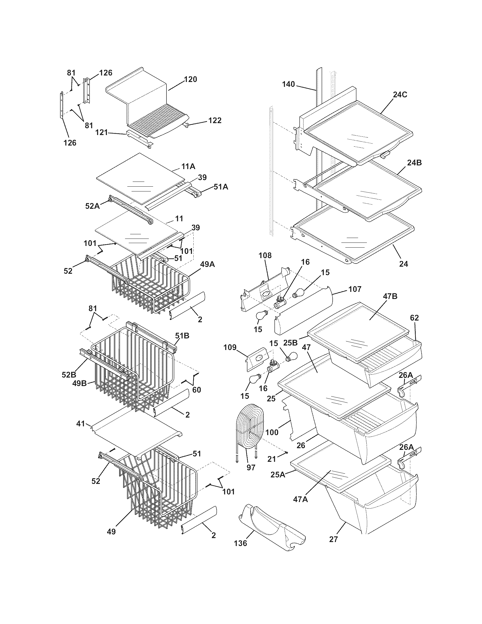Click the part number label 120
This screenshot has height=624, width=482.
pos(191,79)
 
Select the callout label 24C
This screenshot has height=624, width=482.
pos(400,94)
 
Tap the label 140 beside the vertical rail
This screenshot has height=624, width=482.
pos(289,84)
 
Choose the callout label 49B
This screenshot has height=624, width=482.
pos(79,383)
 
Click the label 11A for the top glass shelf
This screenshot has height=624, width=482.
pos(188,166)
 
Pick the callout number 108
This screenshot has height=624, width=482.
pos(265,255)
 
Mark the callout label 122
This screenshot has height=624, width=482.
pos(215,121)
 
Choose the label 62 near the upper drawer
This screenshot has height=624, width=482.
pos(414,318)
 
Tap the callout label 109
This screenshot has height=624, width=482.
pos(230,347)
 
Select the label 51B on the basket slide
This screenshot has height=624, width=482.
pos(182,336)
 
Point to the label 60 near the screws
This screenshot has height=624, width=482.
pos(196,389)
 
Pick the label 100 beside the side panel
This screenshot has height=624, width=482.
pos(272,432)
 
